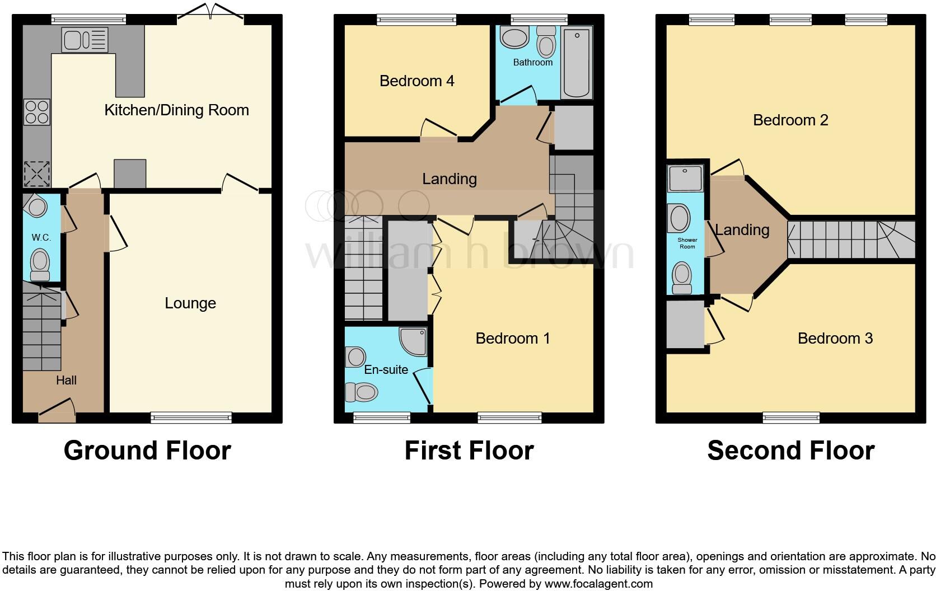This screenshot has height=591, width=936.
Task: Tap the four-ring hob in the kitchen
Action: pos(37,111)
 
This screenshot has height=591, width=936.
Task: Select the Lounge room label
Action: pos(190,303)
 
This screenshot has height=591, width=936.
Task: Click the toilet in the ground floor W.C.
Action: pos(40,264)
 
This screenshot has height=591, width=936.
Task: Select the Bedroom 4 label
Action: pos(416,81)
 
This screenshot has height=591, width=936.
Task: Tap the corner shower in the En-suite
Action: pos(415,341)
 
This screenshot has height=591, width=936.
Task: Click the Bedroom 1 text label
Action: pos(512,338)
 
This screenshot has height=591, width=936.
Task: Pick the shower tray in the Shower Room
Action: pos(685,178)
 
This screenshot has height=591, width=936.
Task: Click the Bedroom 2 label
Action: pos(790,120)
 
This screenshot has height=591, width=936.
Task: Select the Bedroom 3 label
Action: pos(835,338)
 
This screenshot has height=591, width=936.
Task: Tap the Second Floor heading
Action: pos(790,450)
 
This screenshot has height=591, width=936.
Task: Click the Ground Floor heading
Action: pos(147,450)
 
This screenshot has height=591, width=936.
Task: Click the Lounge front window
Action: pos(191,418)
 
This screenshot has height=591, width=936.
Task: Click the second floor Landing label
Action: pos(742,229)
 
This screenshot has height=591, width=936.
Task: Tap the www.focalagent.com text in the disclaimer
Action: pos(598,584)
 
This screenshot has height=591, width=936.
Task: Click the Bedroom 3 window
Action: pos(791,418)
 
